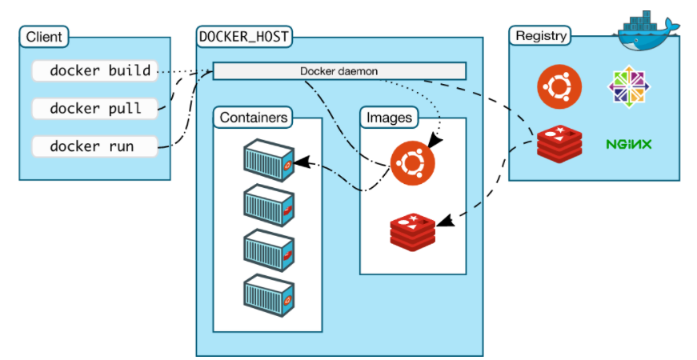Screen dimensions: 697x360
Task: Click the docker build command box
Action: coord(94,70)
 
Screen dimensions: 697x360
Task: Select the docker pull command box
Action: coord(94,109)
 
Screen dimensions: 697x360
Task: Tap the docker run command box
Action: coord(94,146)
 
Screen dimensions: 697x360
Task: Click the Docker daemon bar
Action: coord(339,71)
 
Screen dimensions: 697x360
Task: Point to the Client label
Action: coord(44,37)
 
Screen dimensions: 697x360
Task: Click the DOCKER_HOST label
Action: coord(244,37)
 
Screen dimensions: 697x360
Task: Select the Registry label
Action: coord(540,35)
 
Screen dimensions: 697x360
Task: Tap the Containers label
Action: coord(253,118)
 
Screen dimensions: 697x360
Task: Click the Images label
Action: coord(389,118)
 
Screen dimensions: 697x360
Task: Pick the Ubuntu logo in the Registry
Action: coord(559,86)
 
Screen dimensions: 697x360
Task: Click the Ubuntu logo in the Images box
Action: coord(412,162)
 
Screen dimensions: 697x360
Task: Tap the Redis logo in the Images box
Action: coord(412,232)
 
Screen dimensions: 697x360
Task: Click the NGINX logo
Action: coord(628,144)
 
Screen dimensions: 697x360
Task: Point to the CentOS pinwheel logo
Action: coord(628,86)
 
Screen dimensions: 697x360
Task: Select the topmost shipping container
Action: coord(269,161)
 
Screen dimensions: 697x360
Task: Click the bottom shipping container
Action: coord(269,295)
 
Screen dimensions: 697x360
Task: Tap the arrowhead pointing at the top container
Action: coord(301,162)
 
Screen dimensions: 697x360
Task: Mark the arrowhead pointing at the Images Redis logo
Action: coord(445,220)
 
